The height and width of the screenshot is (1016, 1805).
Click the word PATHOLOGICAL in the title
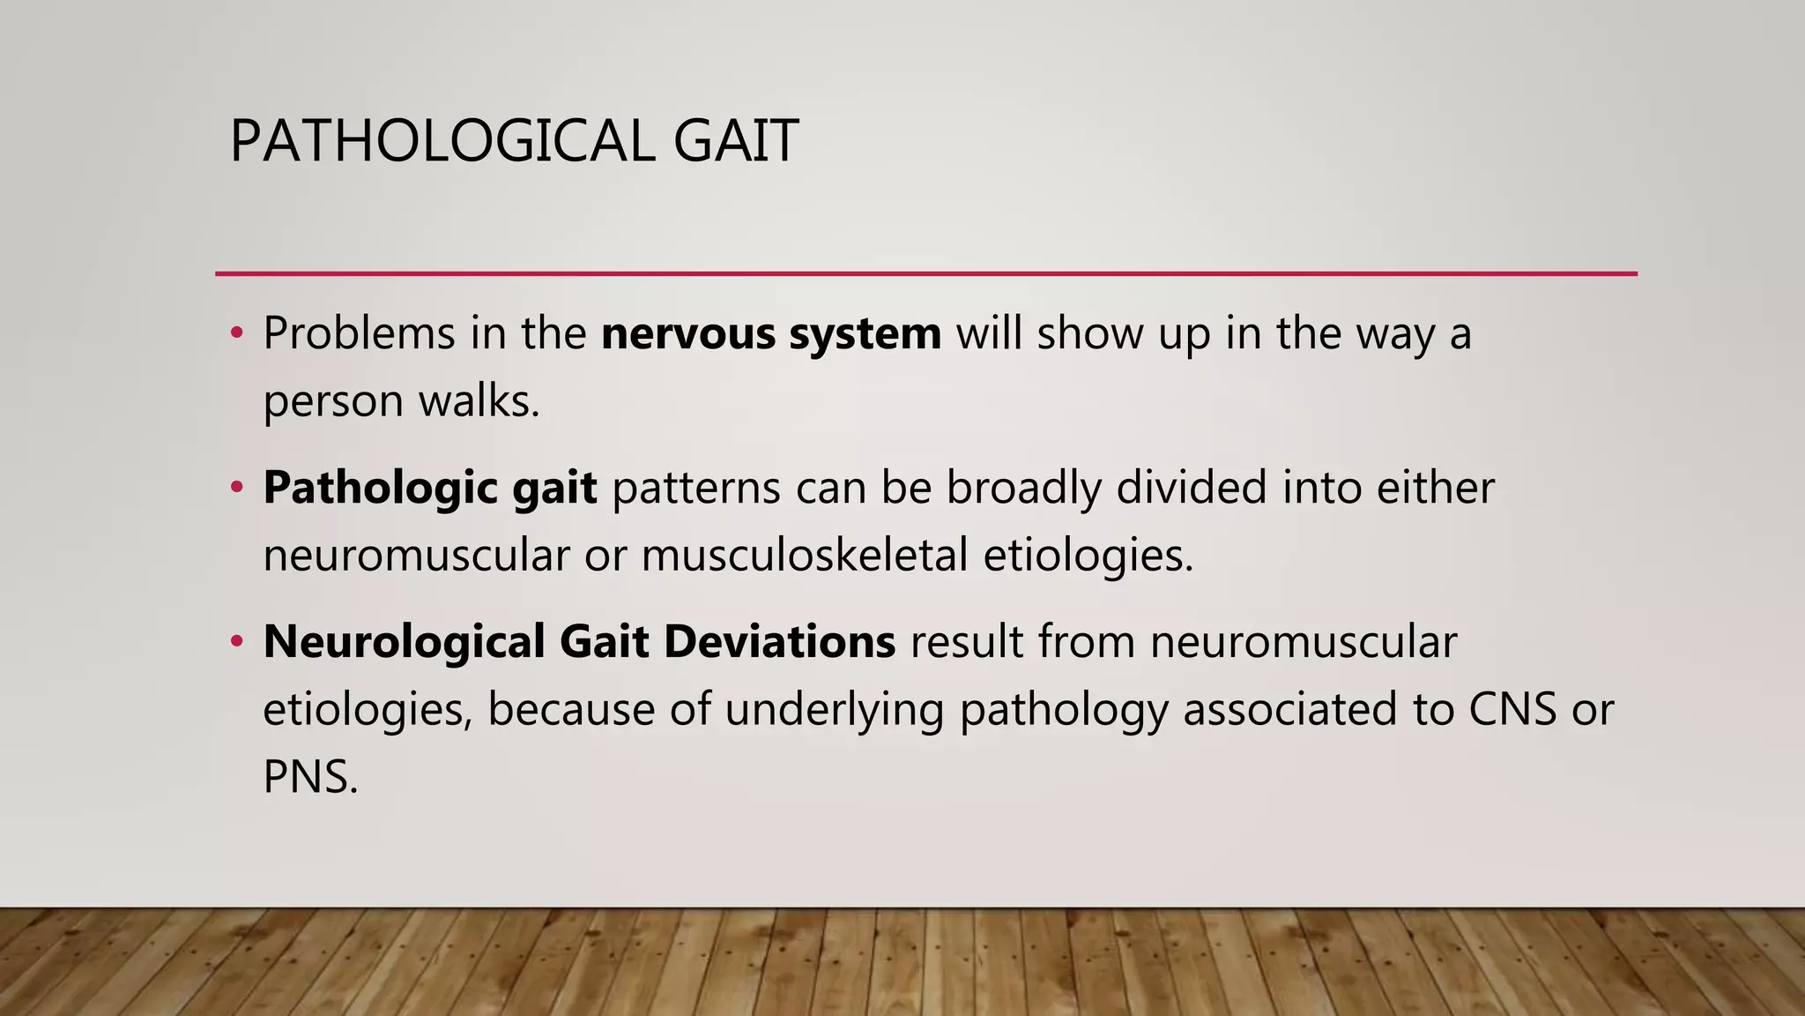point(442,141)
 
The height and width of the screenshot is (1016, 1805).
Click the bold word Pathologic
point(380,488)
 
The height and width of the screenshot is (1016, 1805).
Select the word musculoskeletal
point(805,555)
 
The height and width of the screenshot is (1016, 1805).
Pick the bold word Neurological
point(404,641)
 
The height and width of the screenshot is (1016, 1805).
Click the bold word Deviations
point(779,641)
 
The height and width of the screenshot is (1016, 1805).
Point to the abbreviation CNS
point(1512,709)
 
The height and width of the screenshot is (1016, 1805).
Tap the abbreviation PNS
point(309,777)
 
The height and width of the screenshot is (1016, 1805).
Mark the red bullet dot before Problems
point(236,333)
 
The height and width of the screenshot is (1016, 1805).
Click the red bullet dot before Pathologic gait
point(236,488)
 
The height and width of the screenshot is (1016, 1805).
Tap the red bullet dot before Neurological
point(236,641)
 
